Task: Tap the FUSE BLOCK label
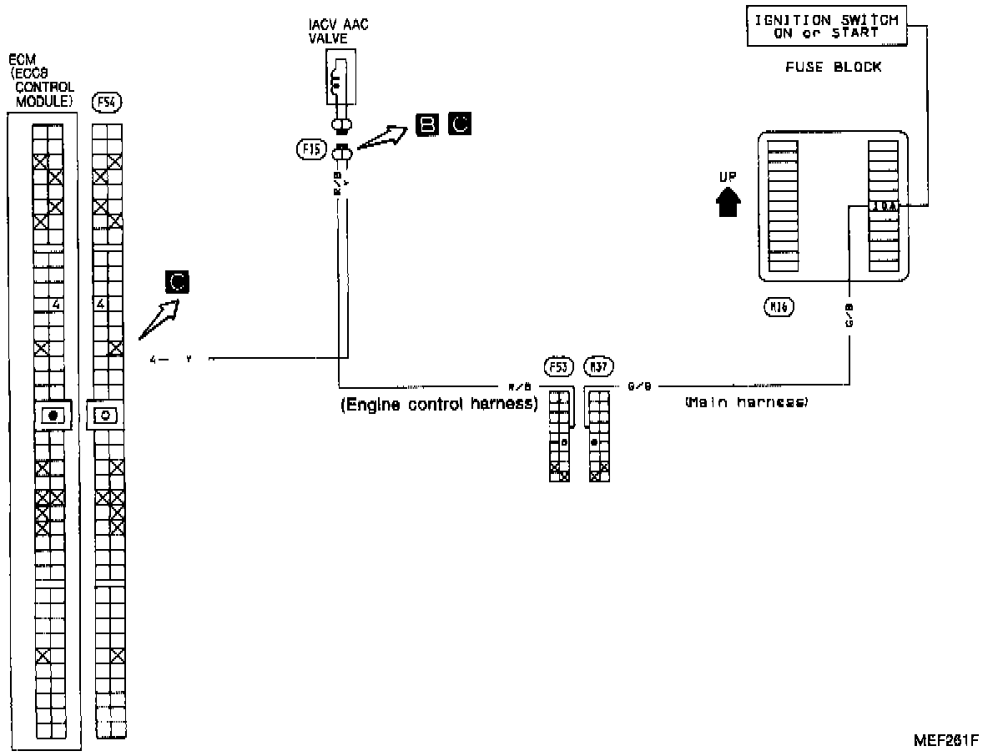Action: pos(833,67)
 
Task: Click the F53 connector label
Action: pos(557,366)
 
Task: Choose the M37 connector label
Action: pos(597,366)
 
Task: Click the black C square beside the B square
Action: pos(459,124)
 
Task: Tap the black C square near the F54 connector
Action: pos(177,282)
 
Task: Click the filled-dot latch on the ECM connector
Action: pos(53,415)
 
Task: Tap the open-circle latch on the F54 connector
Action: pos(107,415)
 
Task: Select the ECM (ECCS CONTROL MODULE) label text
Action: pos(41,80)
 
